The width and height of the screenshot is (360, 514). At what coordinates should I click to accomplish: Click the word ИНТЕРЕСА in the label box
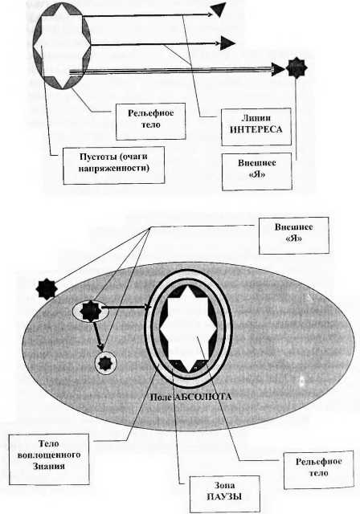tap(256, 129)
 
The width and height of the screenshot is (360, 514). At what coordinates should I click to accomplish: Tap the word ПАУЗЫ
tap(224, 496)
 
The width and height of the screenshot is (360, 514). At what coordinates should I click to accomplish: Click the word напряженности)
tap(114, 169)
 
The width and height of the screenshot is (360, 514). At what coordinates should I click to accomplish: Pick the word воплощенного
tap(49, 455)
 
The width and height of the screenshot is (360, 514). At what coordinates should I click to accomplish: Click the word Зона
tap(224, 485)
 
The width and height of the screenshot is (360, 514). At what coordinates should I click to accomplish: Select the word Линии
tap(256, 118)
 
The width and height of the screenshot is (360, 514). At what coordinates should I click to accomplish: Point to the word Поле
tap(161, 397)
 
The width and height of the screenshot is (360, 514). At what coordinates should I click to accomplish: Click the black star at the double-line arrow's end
tap(297, 67)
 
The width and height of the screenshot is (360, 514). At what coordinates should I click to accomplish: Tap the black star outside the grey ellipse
tap(47, 289)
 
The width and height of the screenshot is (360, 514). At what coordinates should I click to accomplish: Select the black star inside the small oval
tap(90, 311)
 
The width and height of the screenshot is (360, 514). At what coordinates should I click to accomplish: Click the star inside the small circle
tap(105, 362)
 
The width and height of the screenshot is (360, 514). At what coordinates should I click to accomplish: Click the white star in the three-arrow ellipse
tap(62, 47)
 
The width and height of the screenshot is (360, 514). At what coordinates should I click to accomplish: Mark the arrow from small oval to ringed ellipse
tap(126, 308)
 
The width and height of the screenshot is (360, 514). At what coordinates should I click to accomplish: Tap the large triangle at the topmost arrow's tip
tap(219, 10)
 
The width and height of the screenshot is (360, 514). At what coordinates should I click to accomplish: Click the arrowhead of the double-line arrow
tap(278, 69)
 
